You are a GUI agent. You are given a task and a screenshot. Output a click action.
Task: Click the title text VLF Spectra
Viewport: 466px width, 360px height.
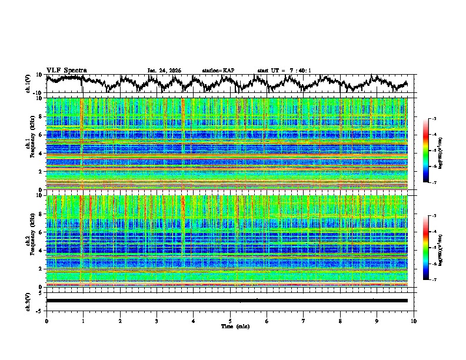(66, 70)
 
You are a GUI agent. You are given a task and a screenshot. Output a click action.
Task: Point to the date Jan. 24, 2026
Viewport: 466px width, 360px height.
(164, 71)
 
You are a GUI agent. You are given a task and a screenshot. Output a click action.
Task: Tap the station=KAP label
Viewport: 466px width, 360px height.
(218, 71)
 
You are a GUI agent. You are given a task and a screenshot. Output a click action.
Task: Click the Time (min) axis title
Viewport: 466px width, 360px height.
(230, 326)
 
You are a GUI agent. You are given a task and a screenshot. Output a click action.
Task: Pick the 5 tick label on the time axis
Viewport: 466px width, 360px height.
(230, 321)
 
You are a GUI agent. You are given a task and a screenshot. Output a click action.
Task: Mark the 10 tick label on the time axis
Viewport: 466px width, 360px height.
(414, 321)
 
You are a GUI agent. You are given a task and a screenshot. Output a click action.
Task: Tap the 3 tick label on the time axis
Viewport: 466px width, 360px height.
(157, 321)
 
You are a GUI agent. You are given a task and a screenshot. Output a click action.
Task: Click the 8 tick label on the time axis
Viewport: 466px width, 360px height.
(340, 321)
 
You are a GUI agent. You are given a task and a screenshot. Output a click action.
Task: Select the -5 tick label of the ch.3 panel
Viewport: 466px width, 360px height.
(40, 309)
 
